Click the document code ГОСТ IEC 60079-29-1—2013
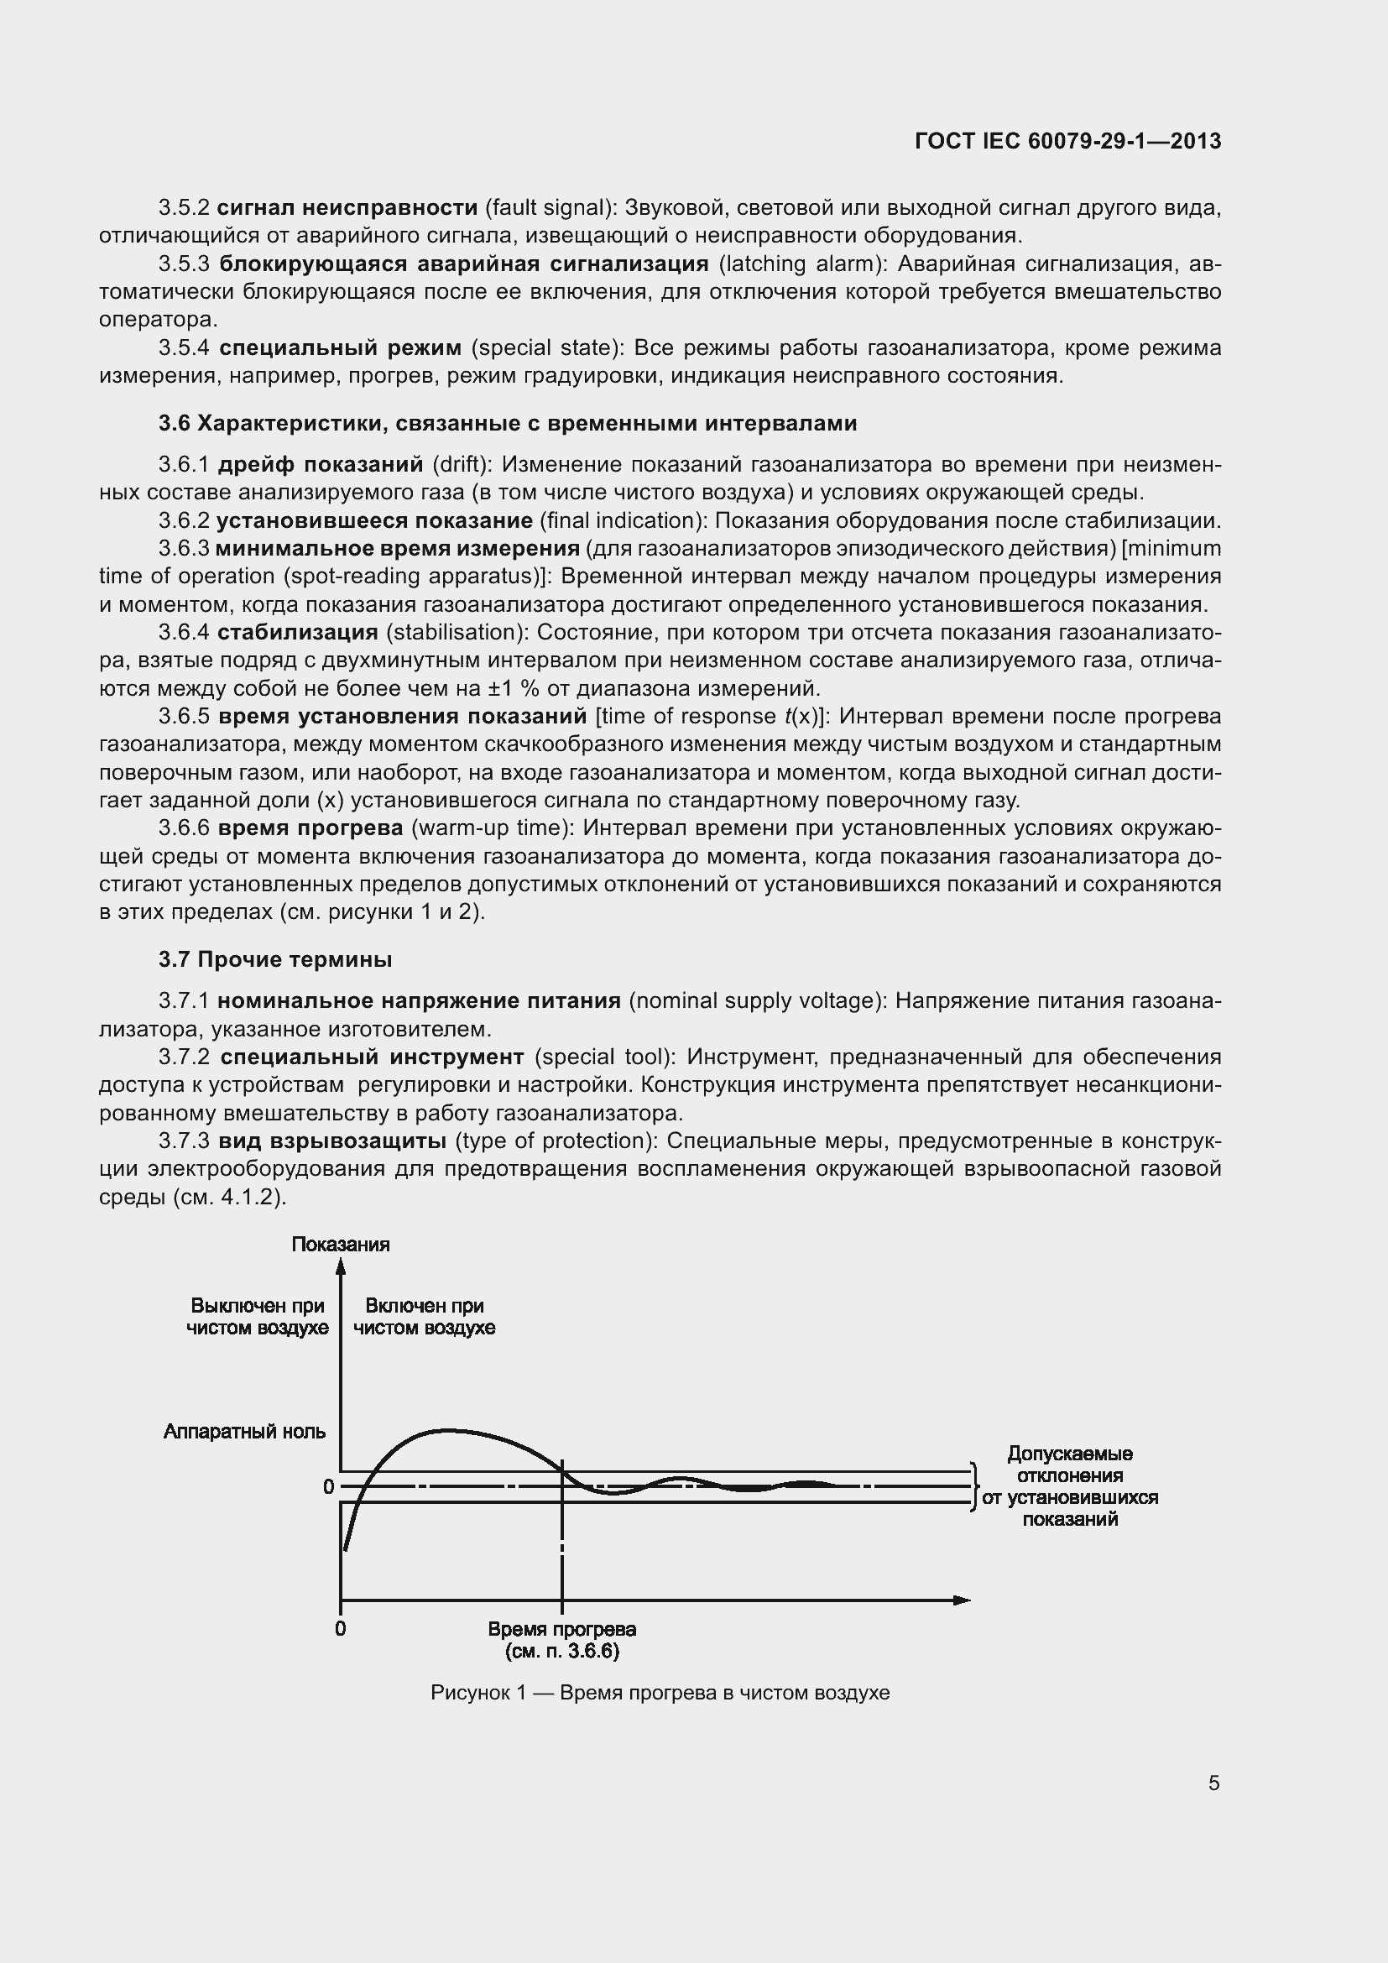click(x=1067, y=141)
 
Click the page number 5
click(x=1213, y=1783)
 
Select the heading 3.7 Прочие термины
click(x=275, y=959)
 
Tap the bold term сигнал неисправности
click(x=347, y=207)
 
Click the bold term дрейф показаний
click(x=321, y=464)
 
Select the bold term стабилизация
click(x=297, y=632)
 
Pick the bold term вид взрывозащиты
click(x=331, y=1141)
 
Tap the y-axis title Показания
click(x=340, y=1244)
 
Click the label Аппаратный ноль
click(x=244, y=1431)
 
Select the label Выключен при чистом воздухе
click(x=258, y=1317)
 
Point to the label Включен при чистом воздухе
click(x=424, y=1317)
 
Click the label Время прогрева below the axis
click(x=561, y=1630)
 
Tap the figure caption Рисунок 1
click(x=660, y=1693)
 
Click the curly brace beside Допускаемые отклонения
click(x=973, y=1487)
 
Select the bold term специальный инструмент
click(x=372, y=1057)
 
